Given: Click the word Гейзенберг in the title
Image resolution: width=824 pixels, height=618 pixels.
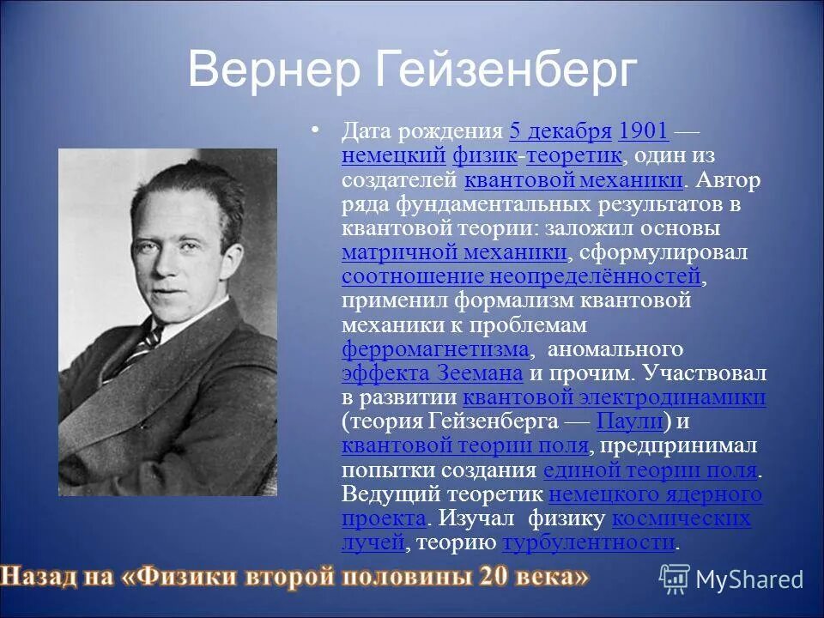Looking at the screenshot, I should click(506, 70).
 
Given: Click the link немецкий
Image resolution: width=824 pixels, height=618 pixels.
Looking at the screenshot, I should click(393, 155).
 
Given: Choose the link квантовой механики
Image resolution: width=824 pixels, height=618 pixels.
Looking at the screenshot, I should click(573, 180).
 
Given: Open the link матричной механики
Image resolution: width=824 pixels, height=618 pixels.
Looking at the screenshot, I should click(454, 252).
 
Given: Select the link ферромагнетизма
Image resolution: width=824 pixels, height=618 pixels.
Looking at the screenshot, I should click(435, 348).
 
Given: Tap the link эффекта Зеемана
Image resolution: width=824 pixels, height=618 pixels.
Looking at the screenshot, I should click(432, 373).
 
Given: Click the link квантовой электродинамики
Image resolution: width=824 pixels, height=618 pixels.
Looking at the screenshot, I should click(614, 397).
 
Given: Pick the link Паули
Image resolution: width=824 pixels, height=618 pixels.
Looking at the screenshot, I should click(628, 421).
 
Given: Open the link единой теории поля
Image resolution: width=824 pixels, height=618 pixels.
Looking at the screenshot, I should click(651, 470).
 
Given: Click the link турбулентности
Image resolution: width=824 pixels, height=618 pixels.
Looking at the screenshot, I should click(589, 542).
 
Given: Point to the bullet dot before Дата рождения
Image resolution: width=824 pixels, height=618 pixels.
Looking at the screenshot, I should click(315, 130).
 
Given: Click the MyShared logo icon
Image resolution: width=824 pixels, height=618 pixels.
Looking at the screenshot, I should click(675, 579).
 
